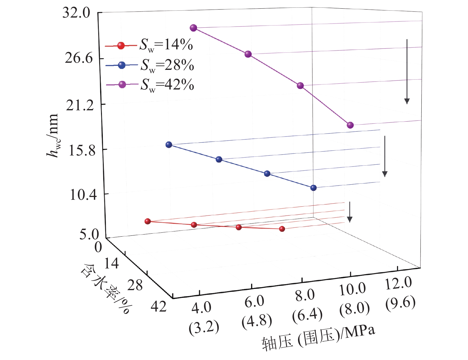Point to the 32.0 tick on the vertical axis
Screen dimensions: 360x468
click(76, 13)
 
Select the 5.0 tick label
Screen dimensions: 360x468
click(89, 235)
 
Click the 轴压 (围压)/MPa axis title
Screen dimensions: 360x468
click(318, 338)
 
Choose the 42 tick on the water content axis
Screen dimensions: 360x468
click(159, 306)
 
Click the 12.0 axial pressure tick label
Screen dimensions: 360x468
click(398, 283)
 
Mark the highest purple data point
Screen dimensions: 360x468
click(193, 28)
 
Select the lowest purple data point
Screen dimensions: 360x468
click(350, 125)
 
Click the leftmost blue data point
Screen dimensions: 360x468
click(169, 145)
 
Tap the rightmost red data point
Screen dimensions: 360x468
click(282, 229)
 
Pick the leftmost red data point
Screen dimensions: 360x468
click(148, 221)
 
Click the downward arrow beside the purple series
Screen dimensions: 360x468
click(407, 71)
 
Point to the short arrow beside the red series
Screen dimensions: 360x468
click(350, 212)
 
